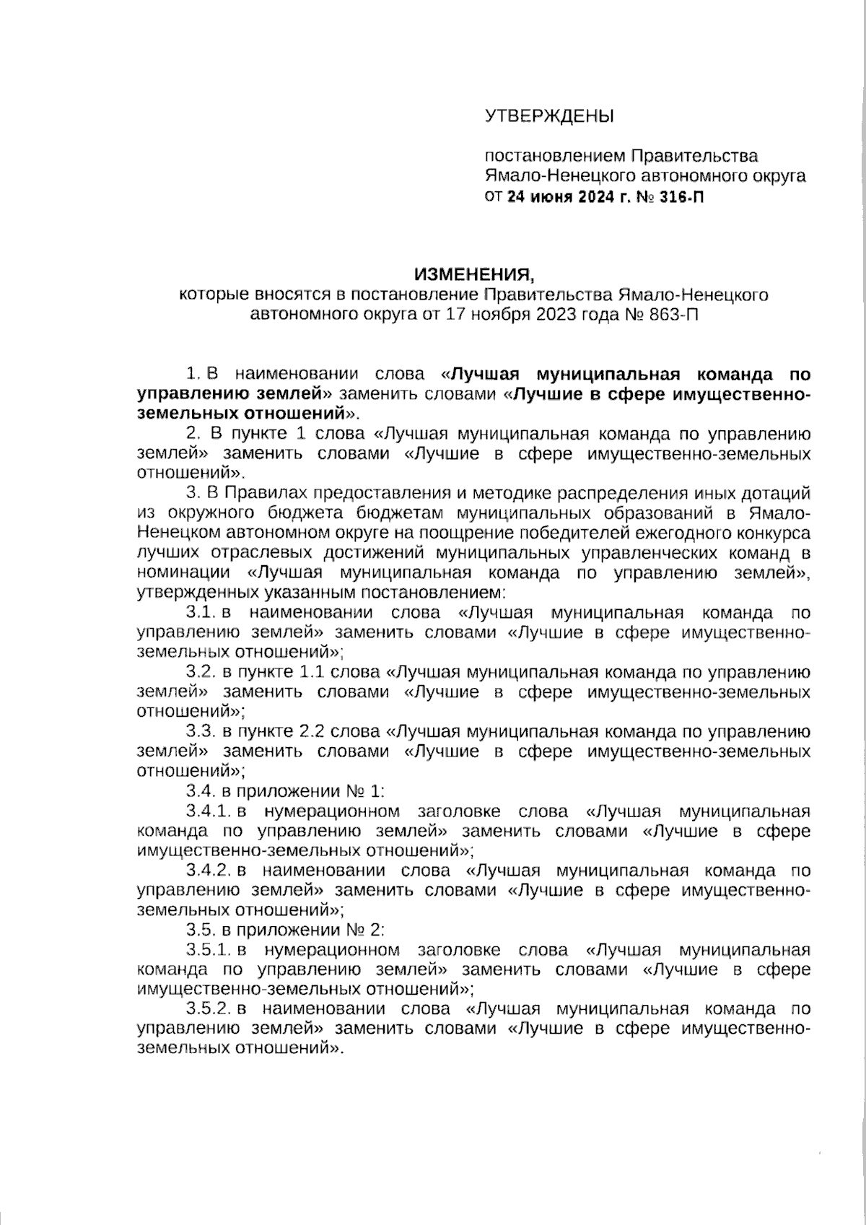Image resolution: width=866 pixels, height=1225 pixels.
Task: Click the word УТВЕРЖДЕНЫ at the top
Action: [549, 115]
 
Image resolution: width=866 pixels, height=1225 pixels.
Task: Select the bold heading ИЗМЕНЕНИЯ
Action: [476, 274]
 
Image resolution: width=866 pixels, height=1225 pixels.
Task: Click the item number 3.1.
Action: [202, 613]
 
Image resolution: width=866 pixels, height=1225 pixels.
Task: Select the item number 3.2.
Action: [202, 672]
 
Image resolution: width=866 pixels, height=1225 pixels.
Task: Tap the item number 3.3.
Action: [202, 731]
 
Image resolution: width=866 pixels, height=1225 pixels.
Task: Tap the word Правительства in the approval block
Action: [694, 156]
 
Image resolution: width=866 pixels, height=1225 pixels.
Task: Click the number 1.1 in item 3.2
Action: [312, 672]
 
